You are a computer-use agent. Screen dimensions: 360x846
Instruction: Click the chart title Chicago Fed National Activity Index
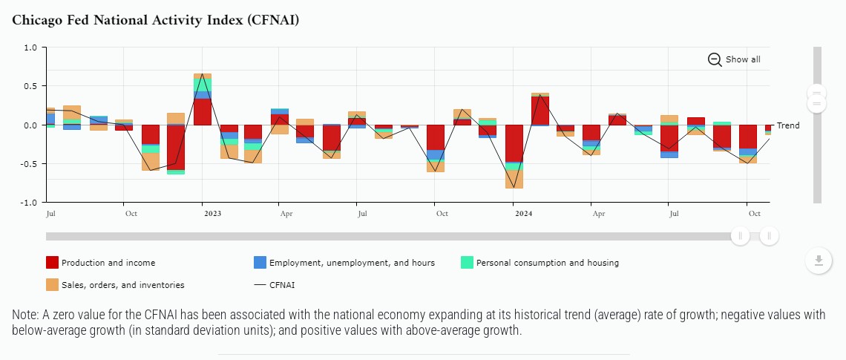(x=156, y=20)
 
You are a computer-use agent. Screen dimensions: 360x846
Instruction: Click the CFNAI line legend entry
(x=282, y=284)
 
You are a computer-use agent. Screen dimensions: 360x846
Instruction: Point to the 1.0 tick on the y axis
(x=30, y=48)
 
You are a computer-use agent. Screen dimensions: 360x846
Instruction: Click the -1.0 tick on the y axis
(x=29, y=203)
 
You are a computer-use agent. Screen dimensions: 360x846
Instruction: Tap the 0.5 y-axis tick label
(x=30, y=86)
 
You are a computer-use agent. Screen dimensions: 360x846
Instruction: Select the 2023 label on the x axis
(x=212, y=214)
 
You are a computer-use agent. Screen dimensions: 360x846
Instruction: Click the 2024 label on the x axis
(x=523, y=214)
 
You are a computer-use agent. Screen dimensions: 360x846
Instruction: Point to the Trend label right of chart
(x=788, y=125)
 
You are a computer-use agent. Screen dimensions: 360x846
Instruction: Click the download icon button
(x=819, y=261)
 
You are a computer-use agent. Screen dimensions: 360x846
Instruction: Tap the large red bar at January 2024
(x=514, y=143)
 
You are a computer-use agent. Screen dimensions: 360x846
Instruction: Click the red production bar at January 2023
(x=203, y=111)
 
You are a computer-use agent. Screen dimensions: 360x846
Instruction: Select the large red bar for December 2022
(x=176, y=147)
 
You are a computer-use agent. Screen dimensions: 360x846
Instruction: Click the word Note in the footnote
(x=25, y=315)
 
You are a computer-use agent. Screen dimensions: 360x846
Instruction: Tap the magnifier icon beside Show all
(x=715, y=59)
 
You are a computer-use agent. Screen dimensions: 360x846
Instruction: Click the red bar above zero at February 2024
(x=540, y=111)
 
